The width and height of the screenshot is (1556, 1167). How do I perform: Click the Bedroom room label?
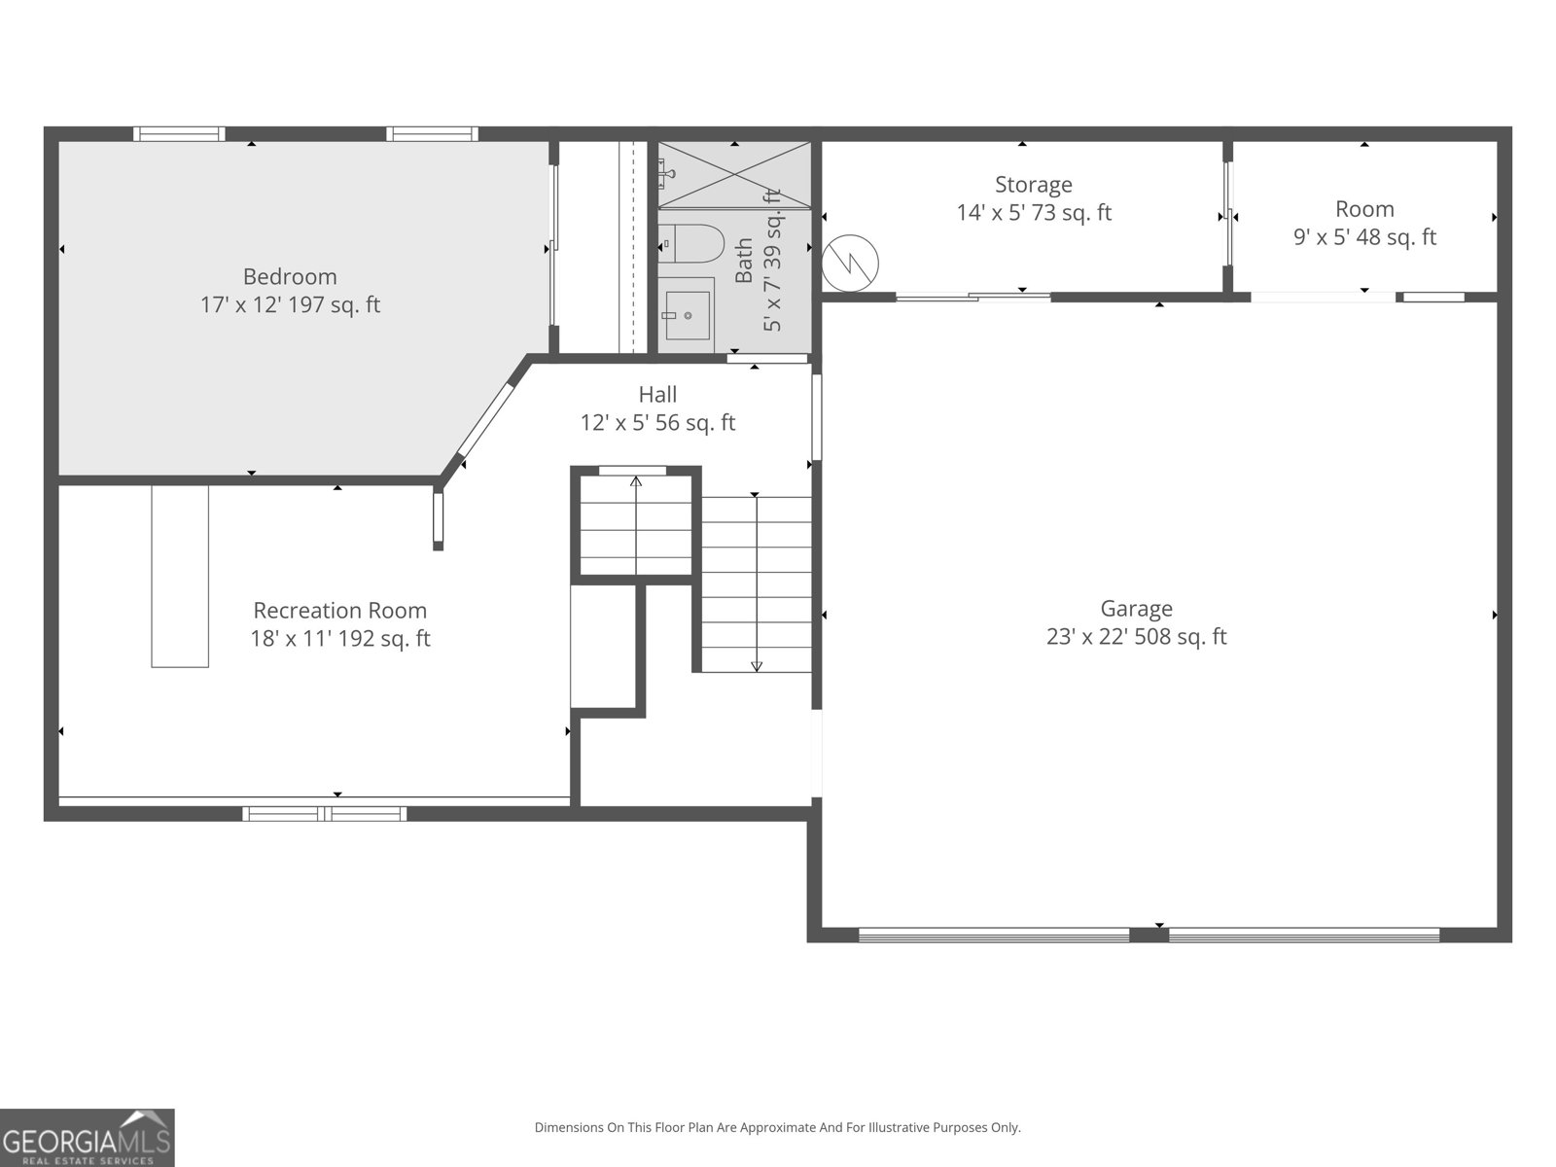[290, 276]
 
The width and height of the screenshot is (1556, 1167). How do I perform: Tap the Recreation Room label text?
[340, 610]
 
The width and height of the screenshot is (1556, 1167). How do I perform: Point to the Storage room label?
[1034, 185]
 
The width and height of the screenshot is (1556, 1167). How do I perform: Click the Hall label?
[657, 395]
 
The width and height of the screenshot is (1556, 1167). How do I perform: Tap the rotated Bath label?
[744, 261]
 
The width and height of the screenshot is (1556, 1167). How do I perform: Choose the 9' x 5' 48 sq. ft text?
[1364, 236]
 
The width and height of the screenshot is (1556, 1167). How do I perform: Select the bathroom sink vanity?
[687, 315]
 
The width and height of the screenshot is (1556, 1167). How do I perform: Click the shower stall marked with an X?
[734, 174]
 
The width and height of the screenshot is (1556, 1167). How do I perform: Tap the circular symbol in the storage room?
[850, 264]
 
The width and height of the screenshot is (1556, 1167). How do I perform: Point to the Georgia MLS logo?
[88, 1137]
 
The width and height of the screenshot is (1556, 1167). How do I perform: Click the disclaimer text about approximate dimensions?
[778, 1127]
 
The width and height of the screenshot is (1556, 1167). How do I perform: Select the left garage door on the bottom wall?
[994, 936]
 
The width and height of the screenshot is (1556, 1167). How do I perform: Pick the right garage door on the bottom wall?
[1304, 936]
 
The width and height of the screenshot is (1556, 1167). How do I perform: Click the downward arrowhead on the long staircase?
[757, 667]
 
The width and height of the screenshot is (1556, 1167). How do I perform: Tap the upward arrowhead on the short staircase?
[636, 481]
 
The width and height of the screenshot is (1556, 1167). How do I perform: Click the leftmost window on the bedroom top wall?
[179, 134]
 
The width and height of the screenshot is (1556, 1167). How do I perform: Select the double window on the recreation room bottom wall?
[325, 814]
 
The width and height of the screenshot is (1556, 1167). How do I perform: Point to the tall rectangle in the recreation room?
[180, 576]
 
